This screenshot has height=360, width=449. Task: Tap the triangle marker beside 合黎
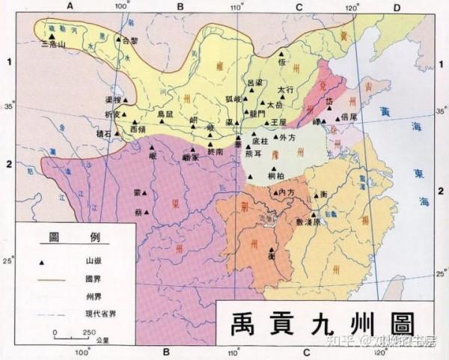pos(118,39)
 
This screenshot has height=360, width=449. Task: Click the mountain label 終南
pos(216,151)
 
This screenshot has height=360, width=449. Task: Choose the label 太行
pos(285,90)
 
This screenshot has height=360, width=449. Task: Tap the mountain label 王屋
pos(278,122)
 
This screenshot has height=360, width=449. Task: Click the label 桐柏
pos(275,175)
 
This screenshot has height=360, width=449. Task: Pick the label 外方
pos(287,138)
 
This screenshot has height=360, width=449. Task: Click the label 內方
pos(287,192)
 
